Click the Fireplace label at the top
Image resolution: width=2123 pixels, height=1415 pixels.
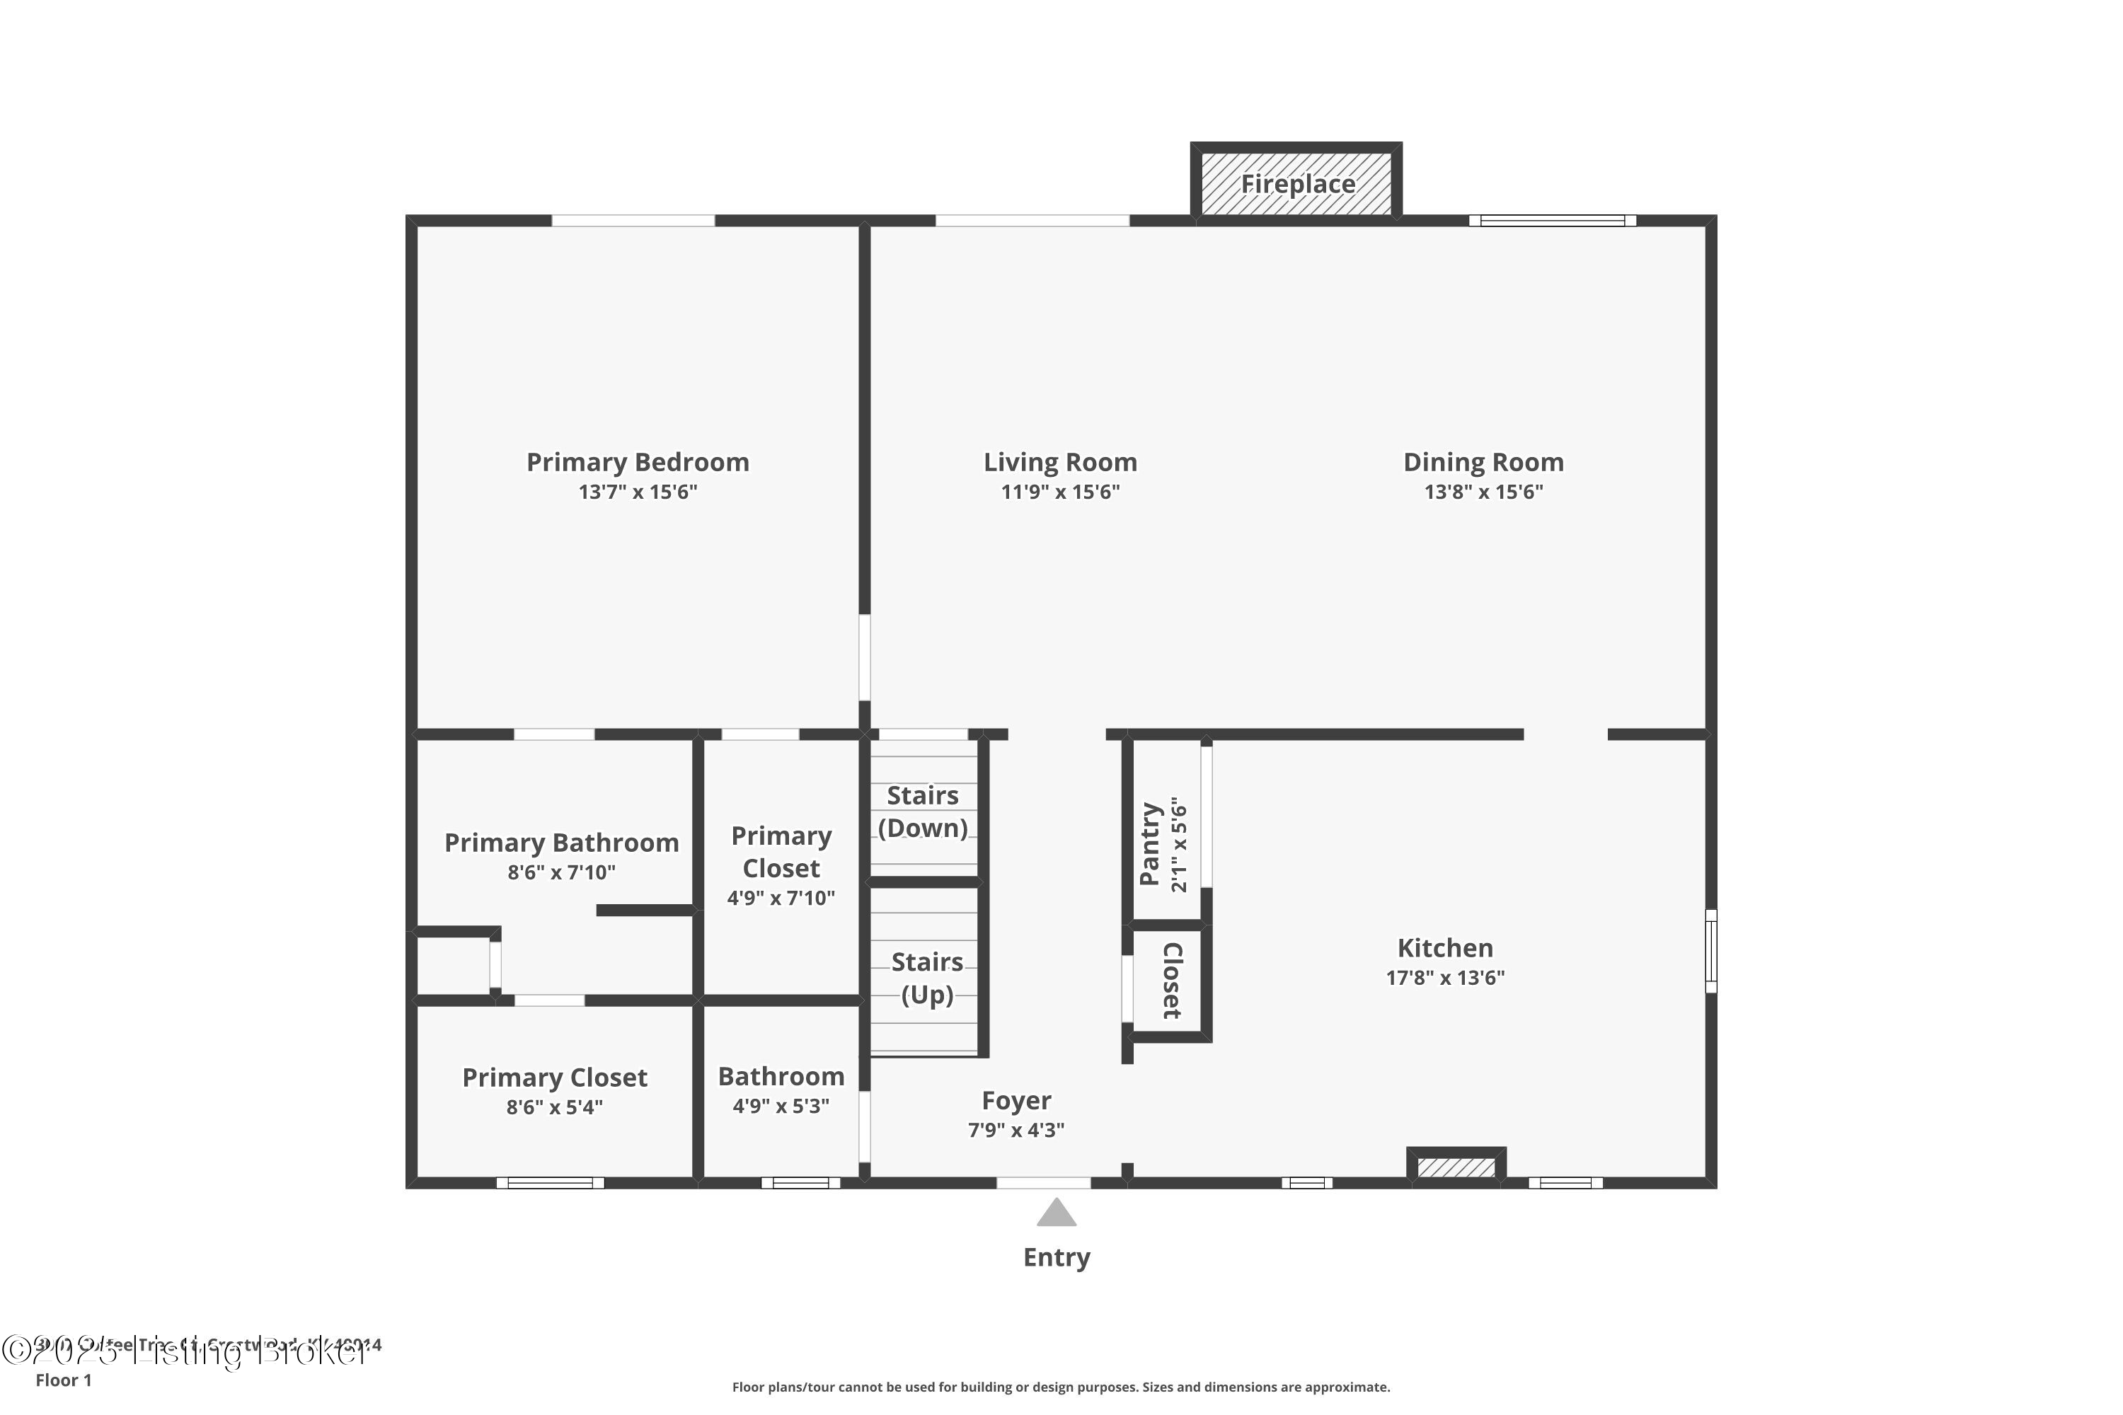(1297, 184)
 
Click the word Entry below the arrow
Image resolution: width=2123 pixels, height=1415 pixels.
(1056, 1257)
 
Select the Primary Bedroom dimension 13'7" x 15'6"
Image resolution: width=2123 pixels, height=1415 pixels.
(638, 492)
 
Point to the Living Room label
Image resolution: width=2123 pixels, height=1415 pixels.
(1059, 462)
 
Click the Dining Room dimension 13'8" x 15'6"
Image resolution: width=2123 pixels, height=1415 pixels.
(1483, 492)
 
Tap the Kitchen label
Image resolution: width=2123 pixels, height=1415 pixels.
(1444, 947)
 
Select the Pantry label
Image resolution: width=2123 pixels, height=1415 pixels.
(1149, 844)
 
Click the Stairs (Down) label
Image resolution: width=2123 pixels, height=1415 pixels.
(923, 812)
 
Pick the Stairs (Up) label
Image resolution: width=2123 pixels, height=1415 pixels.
(927, 978)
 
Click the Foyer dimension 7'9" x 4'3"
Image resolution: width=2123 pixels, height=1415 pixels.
(1016, 1130)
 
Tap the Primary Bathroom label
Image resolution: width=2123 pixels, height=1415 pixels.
(560, 843)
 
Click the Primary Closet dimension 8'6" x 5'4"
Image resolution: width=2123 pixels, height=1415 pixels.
(554, 1107)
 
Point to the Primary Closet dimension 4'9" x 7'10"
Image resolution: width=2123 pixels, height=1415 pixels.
(781, 898)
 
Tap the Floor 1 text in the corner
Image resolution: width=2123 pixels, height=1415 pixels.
(63, 1380)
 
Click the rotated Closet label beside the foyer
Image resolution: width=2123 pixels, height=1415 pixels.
(1172, 981)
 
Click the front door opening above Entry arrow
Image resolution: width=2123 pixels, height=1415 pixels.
(1043, 1183)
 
